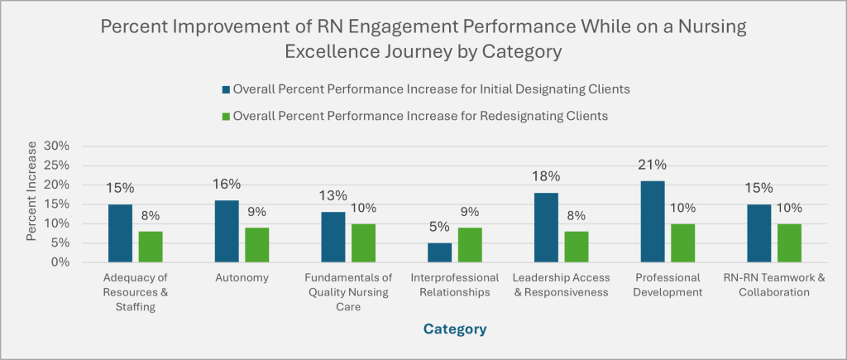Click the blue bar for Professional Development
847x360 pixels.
652,222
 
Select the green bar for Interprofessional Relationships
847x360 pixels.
469,245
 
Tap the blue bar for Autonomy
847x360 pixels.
227,231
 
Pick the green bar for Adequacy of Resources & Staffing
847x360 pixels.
150,247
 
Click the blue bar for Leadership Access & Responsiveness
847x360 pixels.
546,228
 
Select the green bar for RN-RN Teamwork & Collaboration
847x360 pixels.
788,242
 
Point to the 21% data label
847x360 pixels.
652,164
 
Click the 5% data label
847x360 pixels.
440,226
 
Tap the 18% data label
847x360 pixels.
546,175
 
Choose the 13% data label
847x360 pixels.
333,195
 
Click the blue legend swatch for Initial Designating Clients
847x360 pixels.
227,89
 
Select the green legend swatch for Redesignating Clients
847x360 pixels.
227,116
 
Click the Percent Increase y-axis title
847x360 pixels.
31,204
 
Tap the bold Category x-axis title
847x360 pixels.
454,329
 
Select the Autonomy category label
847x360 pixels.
242,278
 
